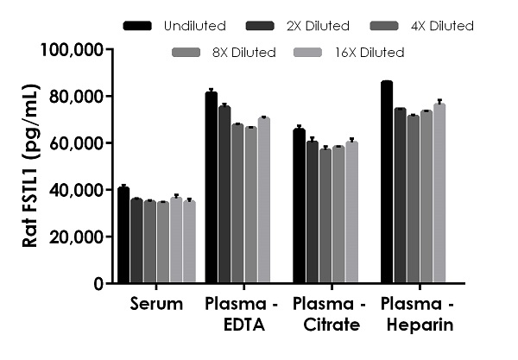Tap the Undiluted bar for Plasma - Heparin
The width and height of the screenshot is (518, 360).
[386, 182]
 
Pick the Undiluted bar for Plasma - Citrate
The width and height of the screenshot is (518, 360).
[299, 206]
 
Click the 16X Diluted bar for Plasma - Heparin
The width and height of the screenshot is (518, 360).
[439, 193]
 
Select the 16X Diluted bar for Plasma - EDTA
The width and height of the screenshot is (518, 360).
[263, 200]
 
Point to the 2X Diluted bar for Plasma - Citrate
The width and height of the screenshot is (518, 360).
[312, 212]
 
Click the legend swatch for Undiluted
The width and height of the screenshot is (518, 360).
[138, 26]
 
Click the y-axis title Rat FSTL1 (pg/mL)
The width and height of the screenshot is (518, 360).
[31, 166]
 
